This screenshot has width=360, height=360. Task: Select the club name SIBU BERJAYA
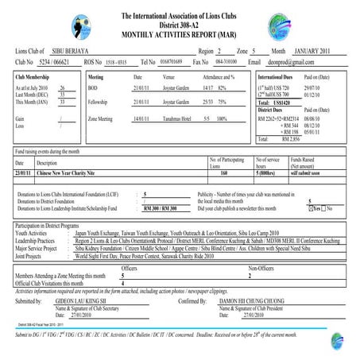pos(83,50)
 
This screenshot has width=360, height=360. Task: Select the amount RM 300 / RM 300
pos(158,208)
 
